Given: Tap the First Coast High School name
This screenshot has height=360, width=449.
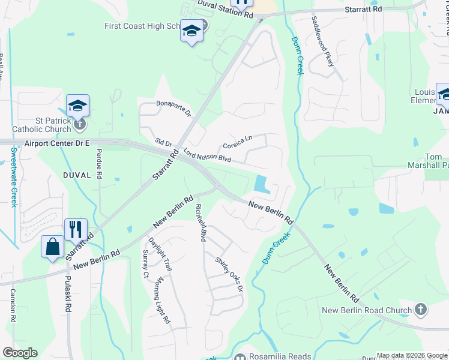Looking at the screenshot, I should click(144, 26).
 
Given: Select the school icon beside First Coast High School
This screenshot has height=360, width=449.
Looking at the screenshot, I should click(191, 31).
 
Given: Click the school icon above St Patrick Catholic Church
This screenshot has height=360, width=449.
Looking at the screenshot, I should click(77, 106).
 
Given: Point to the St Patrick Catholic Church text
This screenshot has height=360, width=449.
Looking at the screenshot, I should click(41, 124).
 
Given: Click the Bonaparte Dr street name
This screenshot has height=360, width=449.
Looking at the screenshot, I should click(173, 108).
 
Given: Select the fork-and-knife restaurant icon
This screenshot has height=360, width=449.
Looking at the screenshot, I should click(76, 229).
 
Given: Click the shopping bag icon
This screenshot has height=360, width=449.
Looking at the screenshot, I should click(53, 247).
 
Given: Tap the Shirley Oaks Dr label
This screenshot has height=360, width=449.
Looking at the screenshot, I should click(230, 274).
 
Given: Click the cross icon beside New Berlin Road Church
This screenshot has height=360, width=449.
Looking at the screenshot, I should click(421, 310).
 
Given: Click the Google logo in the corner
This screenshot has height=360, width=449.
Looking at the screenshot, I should click(20, 353).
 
